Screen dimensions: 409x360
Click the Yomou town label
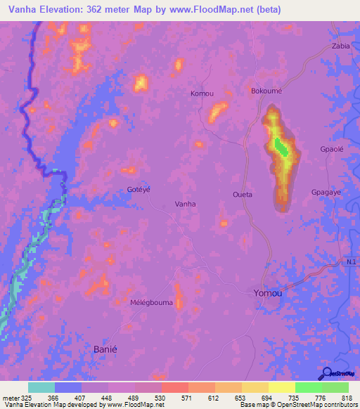pos(267,293)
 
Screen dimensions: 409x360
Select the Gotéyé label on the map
pos(139,190)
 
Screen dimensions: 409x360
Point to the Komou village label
pos(202,93)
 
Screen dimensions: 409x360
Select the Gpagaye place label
pos(326,192)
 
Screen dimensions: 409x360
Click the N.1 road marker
pos(351,262)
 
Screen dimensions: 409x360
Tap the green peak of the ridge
pos(281,148)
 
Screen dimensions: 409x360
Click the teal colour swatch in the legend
pos(41,387)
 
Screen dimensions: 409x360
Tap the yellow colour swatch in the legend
pos(282,387)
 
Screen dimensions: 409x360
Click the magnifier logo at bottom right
pos(327,373)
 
